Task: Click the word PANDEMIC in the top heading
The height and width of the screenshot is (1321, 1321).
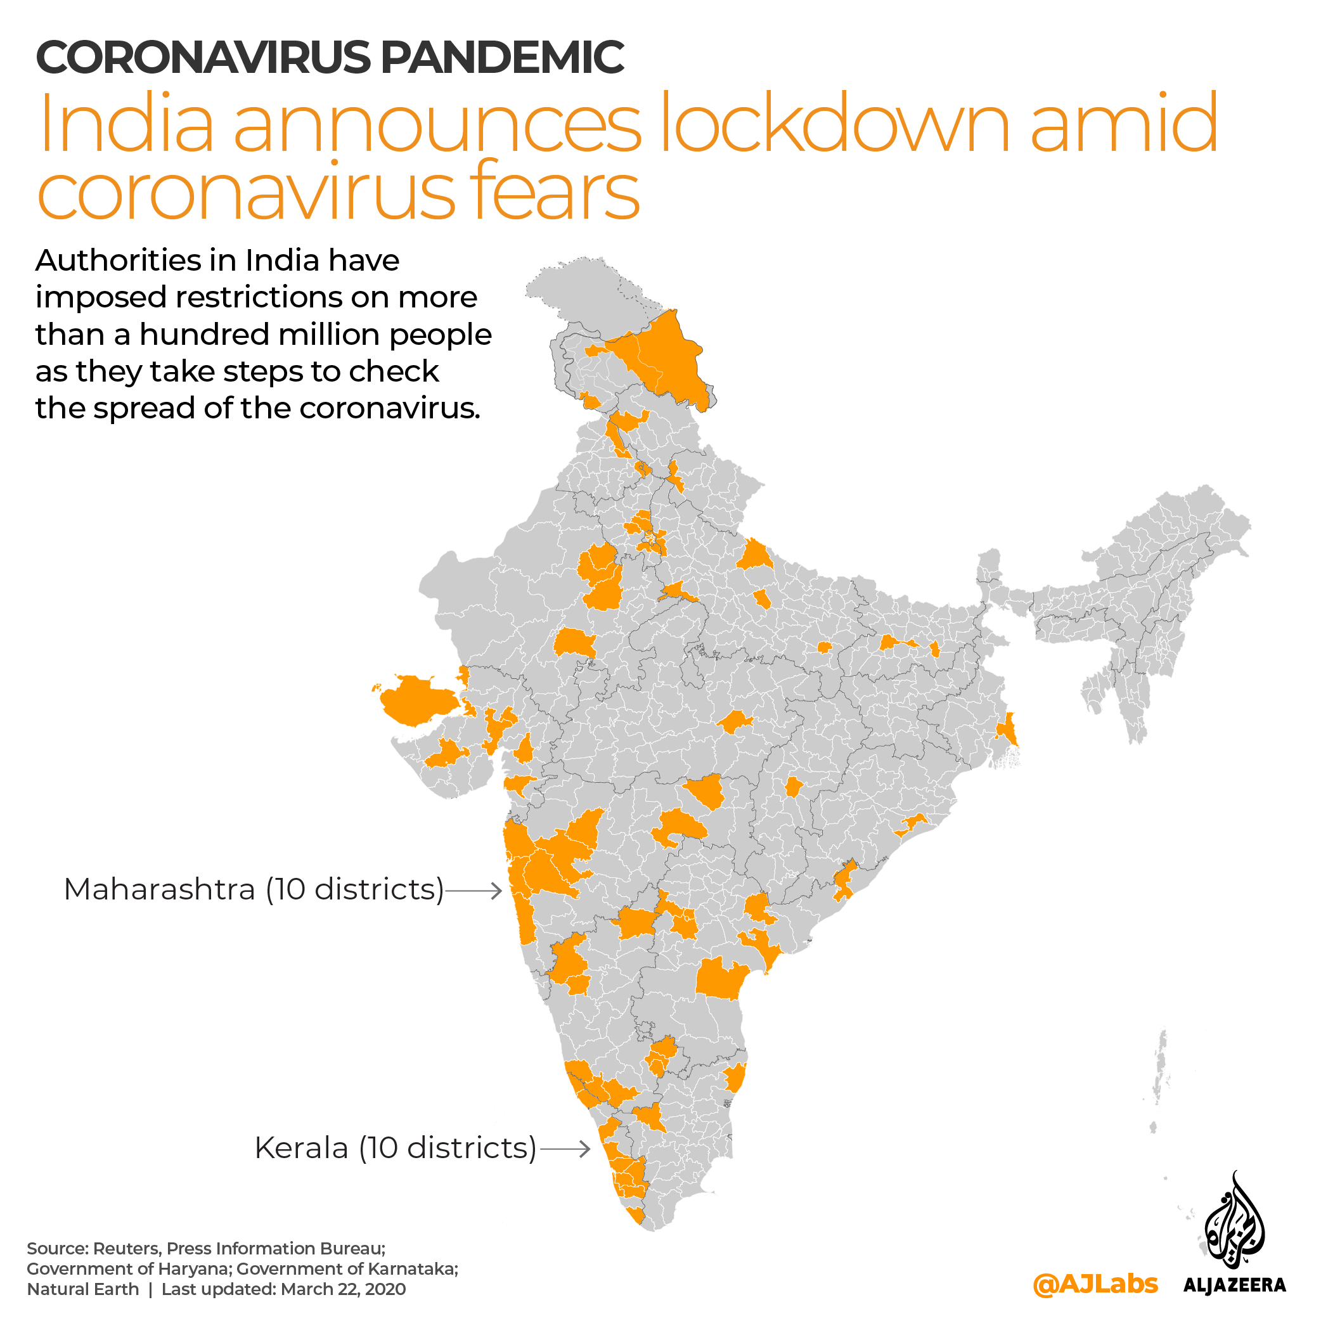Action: click(x=502, y=58)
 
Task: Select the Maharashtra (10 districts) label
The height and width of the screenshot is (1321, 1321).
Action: click(x=254, y=889)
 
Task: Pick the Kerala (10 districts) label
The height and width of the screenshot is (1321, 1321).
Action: click(x=395, y=1148)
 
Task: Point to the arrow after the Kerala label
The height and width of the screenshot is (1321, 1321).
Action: click(x=565, y=1149)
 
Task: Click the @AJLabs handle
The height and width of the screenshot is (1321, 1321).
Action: click(x=1095, y=1285)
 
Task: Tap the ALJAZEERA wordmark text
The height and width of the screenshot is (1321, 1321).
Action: click(x=1234, y=1286)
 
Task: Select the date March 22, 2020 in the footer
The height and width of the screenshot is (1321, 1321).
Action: click(x=342, y=1289)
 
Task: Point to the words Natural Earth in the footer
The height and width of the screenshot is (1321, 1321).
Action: click(x=83, y=1289)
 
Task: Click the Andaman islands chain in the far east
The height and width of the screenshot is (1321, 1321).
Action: click(x=1161, y=1067)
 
